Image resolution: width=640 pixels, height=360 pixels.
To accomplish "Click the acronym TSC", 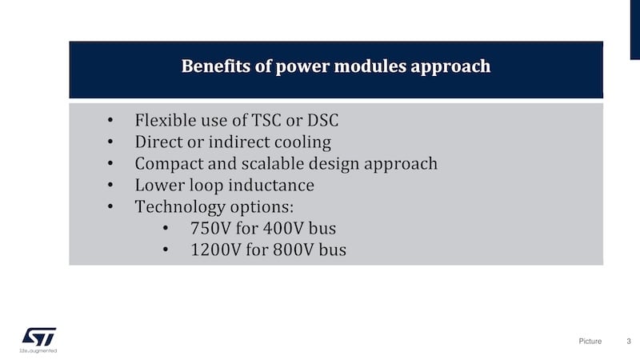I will click(266, 121).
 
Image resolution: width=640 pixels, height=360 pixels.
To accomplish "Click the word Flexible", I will click(163, 121).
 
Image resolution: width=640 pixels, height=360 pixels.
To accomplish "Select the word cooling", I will click(302, 142).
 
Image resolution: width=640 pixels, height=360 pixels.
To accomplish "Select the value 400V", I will click(286, 229).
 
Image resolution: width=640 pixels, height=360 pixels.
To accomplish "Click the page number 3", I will click(629, 342).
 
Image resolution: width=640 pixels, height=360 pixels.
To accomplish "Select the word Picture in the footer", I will click(590, 342).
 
